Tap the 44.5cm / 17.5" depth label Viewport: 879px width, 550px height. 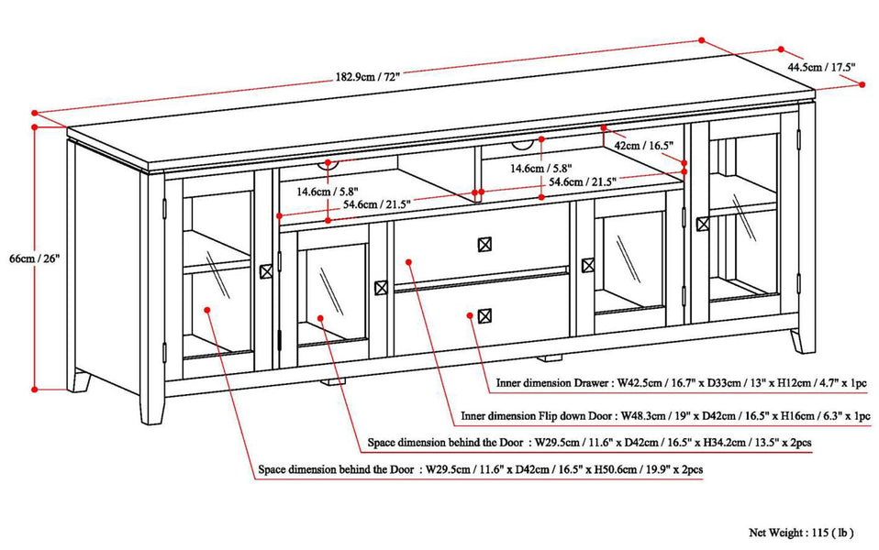824,67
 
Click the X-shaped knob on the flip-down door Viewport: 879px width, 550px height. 484,244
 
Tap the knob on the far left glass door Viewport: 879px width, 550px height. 266,271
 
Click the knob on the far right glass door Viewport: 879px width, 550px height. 729,223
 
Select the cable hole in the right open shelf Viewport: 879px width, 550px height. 523,143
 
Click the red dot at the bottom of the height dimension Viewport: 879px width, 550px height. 35,389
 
